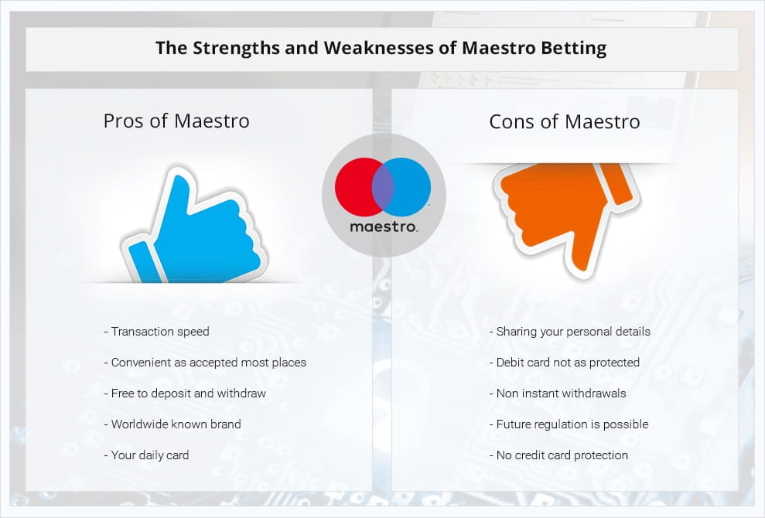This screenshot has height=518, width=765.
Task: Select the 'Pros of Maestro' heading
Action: click(x=176, y=121)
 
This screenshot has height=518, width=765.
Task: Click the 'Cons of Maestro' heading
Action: click(x=565, y=121)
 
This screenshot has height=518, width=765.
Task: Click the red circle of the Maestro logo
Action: click(x=356, y=187)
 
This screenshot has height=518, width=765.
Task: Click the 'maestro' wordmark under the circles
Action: click(x=384, y=227)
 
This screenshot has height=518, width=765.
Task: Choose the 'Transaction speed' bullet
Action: click(x=156, y=332)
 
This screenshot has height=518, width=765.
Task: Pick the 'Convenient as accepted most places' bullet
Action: click(x=205, y=363)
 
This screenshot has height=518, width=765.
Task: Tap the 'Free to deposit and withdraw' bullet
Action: click(x=185, y=393)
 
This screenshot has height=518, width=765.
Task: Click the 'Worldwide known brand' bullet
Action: click(x=172, y=424)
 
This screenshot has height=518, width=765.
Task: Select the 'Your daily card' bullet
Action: click(x=146, y=455)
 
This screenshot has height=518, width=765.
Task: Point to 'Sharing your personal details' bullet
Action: click(x=570, y=332)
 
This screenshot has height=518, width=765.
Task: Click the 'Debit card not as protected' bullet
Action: click(x=565, y=363)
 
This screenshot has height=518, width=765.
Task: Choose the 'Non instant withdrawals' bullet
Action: click(x=558, y=393)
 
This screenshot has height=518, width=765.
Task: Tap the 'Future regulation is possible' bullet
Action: click(x=569, y=424)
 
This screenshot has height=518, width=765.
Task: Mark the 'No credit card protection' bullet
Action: click(x=558, y=455)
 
